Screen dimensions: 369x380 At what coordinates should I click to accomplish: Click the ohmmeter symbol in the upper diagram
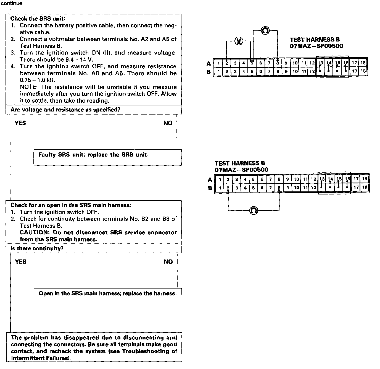pos(265,30)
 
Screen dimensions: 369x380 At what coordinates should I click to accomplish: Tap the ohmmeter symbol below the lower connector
pos(254,211)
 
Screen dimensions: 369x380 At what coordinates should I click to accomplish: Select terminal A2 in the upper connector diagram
pos(227,63)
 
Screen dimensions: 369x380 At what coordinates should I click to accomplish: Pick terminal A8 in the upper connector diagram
pos(277,63)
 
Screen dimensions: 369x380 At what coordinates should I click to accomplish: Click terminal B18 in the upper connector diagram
pos(363,71)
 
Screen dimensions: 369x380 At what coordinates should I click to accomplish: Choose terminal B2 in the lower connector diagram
pos(228,188)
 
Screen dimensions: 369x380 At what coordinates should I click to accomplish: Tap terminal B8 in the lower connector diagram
pos(279,188)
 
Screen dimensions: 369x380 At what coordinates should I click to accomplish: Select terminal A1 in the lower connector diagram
pos(220,179)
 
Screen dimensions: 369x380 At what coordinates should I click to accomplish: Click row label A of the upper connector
pos(209,63)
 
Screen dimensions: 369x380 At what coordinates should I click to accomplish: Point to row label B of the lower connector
pos(210,188)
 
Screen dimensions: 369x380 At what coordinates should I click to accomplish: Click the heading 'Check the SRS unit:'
pos(38,19)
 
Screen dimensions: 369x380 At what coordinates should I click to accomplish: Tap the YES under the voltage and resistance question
pos(20,123)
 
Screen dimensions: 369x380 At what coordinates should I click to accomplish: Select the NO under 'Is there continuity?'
pos(168,262)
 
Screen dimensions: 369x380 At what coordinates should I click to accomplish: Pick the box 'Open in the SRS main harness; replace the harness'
pos(107,293)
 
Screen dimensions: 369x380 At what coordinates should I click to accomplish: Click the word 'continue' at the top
pos(12,4)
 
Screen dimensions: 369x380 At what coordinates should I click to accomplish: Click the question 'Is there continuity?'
pos(37,248)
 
